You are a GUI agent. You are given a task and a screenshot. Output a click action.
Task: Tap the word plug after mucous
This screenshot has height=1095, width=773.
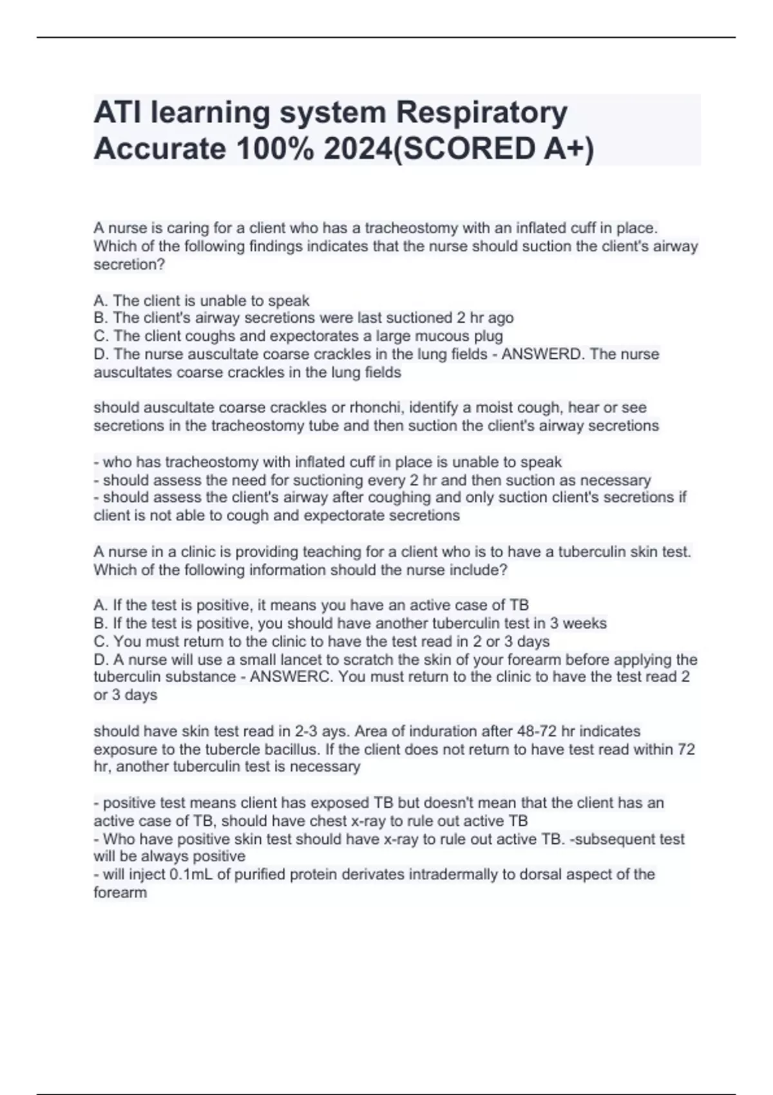click(x=488, y=336)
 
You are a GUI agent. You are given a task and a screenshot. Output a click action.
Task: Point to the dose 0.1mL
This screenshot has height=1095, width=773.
click(x=191, y=875)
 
